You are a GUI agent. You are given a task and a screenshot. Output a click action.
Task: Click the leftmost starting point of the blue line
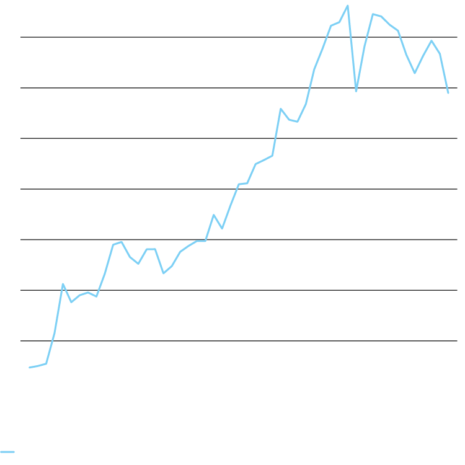[x=29, y=368]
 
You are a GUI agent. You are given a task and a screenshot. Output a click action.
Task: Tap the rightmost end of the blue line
[x=448, y=93]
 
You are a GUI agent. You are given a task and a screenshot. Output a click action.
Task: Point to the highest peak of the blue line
[x=348, y=6]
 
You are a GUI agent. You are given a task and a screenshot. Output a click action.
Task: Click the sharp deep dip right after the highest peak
[x=356, y=91]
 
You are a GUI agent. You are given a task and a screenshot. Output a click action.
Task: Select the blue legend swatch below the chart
[x=7, y=452]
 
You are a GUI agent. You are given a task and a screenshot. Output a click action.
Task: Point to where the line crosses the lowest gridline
[x=53, y=340]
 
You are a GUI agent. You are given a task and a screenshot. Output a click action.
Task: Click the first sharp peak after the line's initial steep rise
[x=63, y=284]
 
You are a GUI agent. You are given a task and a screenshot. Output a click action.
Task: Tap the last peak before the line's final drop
[x=432, y=40]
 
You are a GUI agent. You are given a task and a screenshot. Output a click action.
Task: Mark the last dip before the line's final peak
[x=415, y=73]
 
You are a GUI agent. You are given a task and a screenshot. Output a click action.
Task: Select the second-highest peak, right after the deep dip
[x=373, y=14]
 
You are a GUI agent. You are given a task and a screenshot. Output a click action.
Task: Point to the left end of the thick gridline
[x=22, y=239]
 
